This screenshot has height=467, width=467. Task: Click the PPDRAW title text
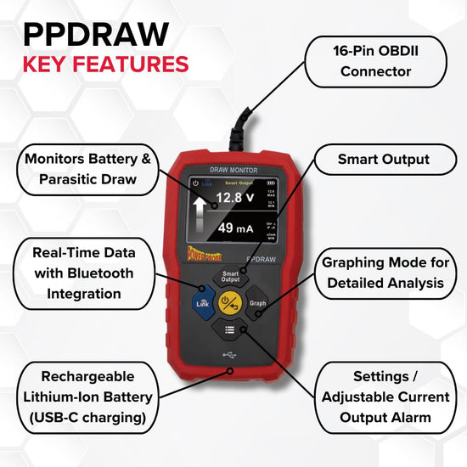[95, 33]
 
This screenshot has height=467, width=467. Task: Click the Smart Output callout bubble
[383, 159]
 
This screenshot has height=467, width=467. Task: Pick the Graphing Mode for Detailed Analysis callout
[382, 273]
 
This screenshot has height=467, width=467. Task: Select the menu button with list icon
[230, 331]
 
